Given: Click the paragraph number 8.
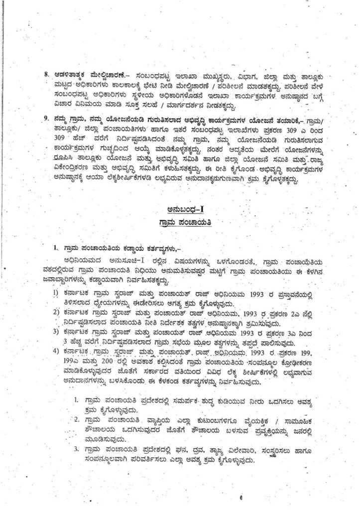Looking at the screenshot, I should [46, 75].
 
